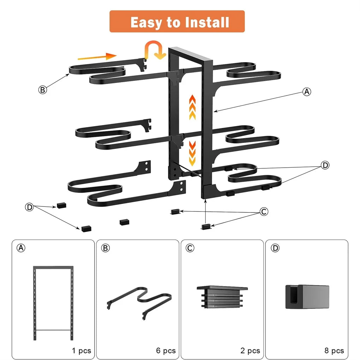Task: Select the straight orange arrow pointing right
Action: click(97, 56)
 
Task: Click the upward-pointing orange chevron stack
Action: click(192, 107)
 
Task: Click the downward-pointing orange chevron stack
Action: click(192, 153)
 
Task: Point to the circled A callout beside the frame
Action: click(307, 92)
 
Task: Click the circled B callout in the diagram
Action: click(42, 90)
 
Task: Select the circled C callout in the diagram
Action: click(264, 212)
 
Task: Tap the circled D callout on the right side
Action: click(325, 165)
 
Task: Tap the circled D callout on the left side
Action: click(29, 207)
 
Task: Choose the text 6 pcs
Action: click(166, 350)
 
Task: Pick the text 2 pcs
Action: click(250, 350)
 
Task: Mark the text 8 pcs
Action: click(334, 350)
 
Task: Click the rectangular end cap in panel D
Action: click(307, 297)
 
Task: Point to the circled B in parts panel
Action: click(106, 248)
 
